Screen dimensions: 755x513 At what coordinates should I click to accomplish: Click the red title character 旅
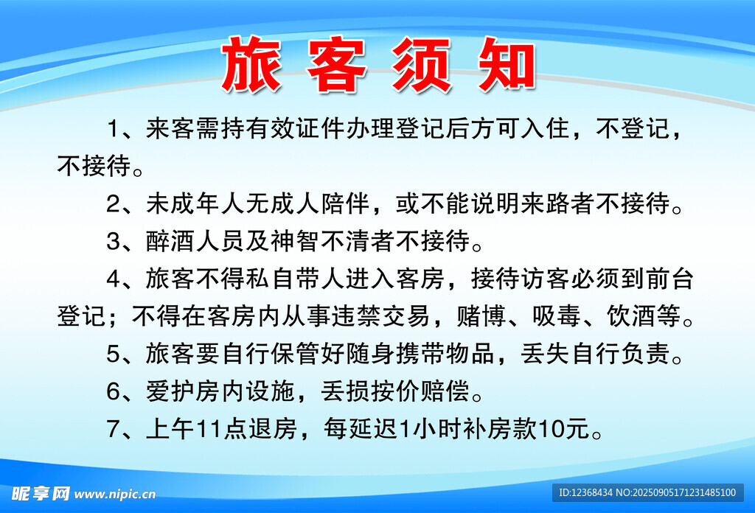click(251, 64)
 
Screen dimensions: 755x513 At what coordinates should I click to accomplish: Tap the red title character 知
click(507, 64)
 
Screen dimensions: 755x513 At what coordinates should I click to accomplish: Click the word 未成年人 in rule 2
click(195, 203)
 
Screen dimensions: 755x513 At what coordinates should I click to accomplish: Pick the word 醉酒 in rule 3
click(170, 241)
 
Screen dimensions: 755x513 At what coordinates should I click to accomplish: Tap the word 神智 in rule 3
click(295, 241)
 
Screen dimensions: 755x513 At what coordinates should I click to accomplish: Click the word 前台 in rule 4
click(669, 279)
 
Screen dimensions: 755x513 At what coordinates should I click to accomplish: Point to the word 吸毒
click(556, 316)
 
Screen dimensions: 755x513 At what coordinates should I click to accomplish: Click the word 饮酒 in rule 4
click(631, 316)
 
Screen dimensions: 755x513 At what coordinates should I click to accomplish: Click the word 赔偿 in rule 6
click(445, 391)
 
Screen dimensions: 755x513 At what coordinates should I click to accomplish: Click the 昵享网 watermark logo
click(41, 494)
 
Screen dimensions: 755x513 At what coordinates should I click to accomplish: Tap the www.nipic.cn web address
click(115, 495)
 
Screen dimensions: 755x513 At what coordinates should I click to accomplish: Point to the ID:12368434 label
click(585, 493)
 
